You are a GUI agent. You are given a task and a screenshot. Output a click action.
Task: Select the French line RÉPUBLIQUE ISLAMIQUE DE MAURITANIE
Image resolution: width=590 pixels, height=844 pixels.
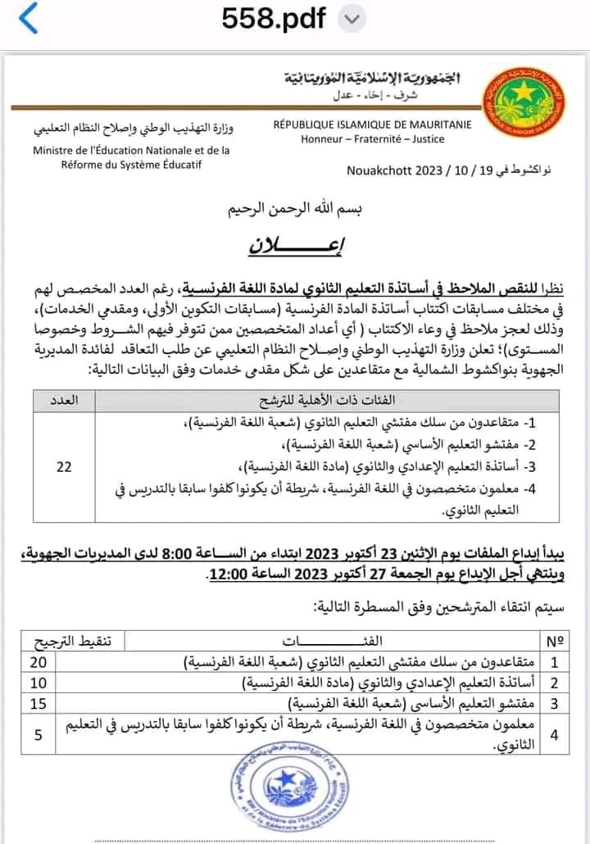(x=373, y=125)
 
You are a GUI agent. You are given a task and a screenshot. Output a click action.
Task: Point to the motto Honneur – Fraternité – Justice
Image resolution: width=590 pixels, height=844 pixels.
(x=373, y=138)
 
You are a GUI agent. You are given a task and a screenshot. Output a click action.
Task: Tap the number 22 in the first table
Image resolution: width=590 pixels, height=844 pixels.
(x=64, y=467)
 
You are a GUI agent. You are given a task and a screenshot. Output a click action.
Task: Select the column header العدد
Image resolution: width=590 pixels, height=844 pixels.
(x=64, y=400)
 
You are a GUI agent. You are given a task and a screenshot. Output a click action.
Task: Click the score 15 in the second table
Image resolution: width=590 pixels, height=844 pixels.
(x=39, y=702)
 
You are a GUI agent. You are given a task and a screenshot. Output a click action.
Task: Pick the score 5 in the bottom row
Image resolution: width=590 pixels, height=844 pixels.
(x=39, y=735)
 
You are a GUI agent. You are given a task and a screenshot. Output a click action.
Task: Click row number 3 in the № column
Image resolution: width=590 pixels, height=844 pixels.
(x=555, y=703)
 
